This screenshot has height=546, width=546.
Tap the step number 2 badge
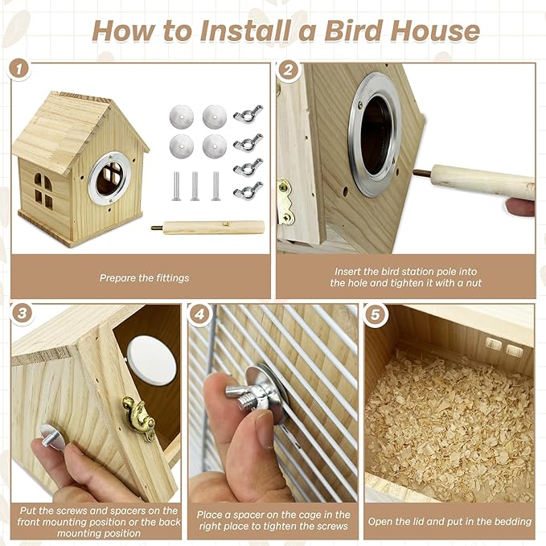click(289, 69)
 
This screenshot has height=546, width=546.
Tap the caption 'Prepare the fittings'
click(145, 277)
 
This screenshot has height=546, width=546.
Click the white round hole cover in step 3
click(150, 359)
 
